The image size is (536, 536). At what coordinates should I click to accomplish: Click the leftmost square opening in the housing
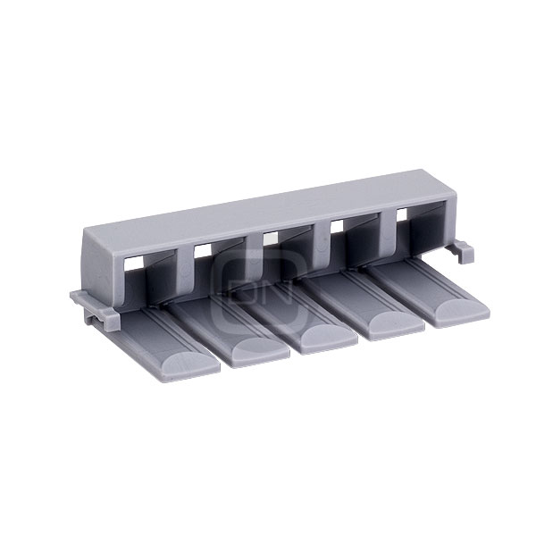(x=133, y=264)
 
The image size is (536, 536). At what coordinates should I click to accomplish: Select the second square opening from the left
(x=203, y=251)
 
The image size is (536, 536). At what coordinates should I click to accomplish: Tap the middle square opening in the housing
(x=271, y=238)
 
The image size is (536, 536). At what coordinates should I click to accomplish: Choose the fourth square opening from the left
(x=337, y=226)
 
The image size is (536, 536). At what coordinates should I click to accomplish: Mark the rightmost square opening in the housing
(x=401, y=214)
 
